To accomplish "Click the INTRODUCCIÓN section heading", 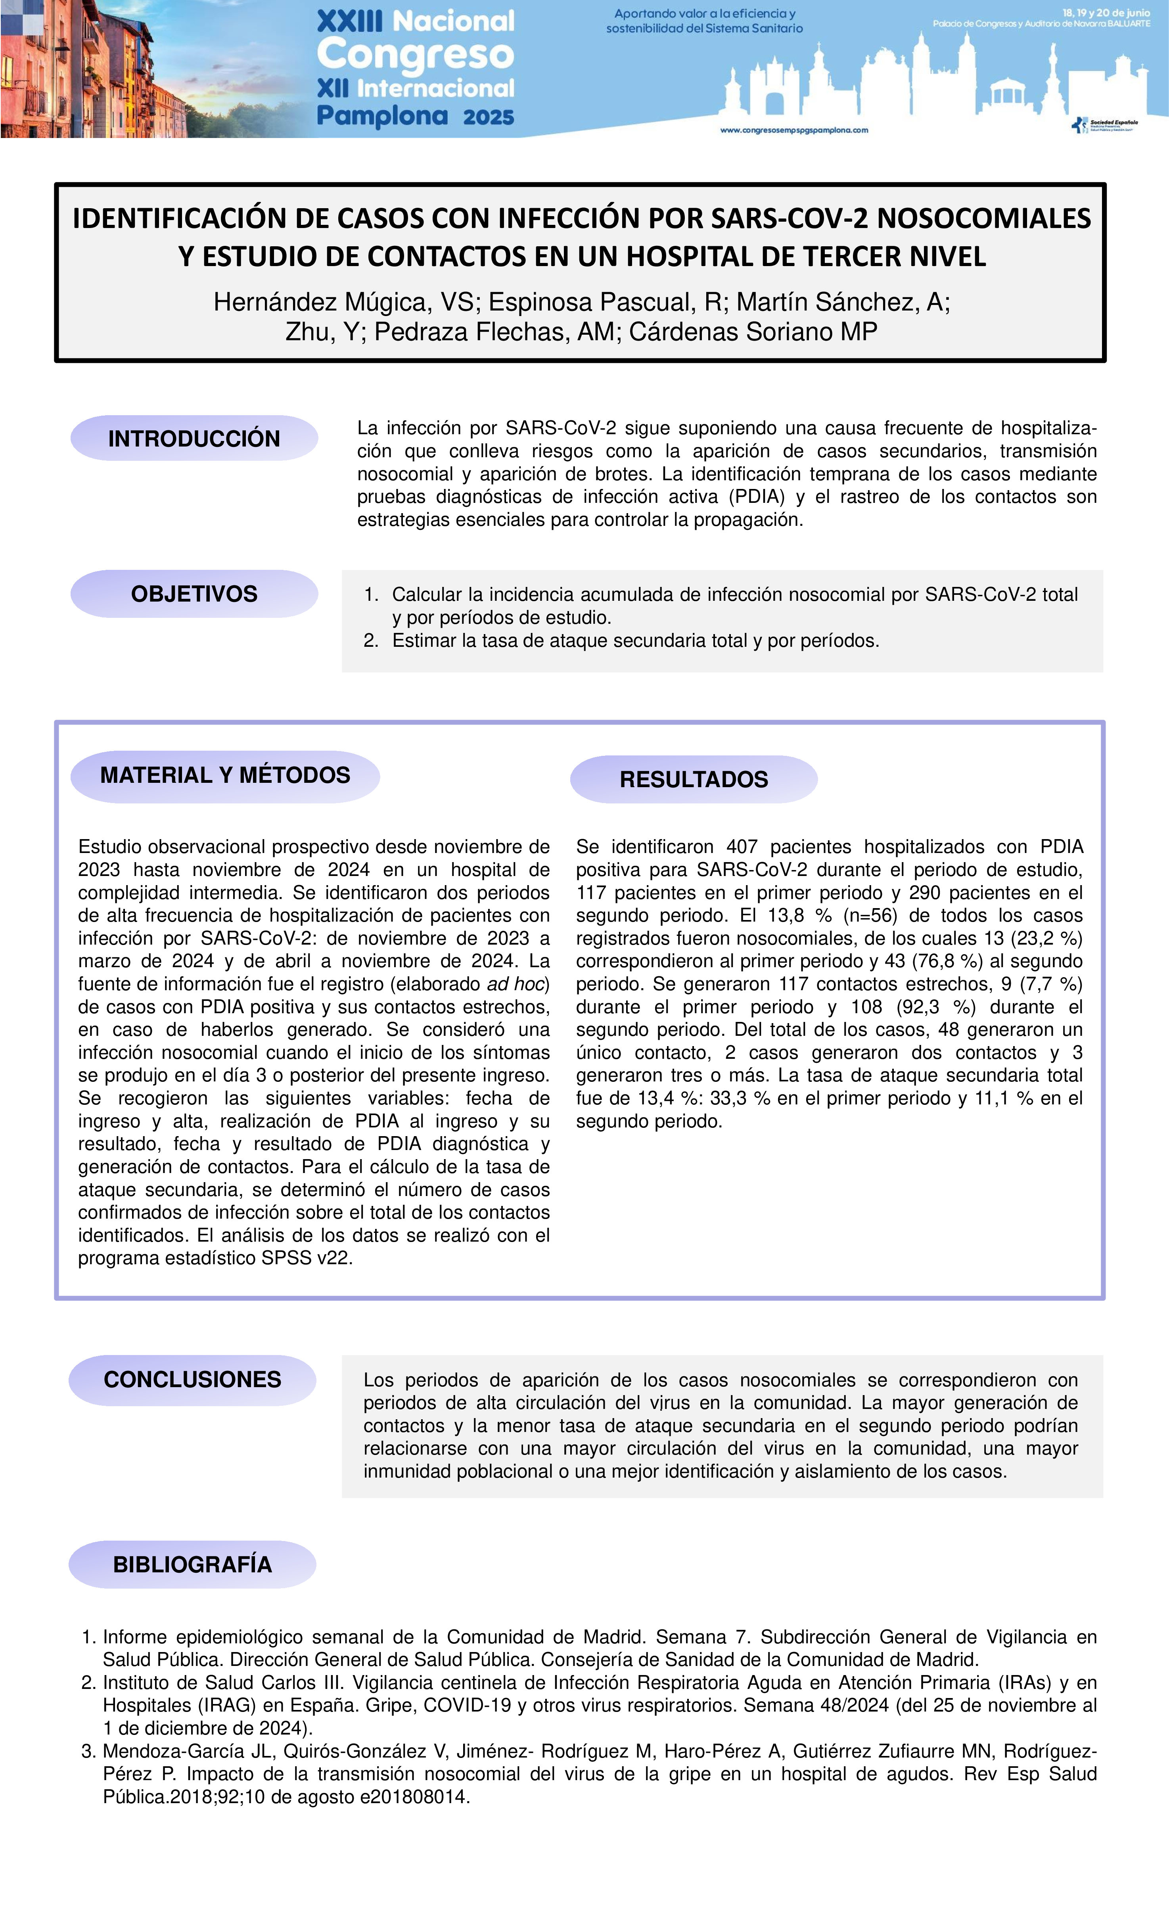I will pos(194,439).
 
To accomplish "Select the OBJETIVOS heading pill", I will pos(194,594).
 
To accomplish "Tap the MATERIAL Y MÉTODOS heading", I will pos(225,776).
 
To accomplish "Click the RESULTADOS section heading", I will pos(694,780).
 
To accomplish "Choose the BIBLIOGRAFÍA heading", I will pos(192,1564).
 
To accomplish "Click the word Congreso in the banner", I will pos(416,54).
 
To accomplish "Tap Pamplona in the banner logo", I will pos(382,116).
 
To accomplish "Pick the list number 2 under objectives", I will pos(371,640).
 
